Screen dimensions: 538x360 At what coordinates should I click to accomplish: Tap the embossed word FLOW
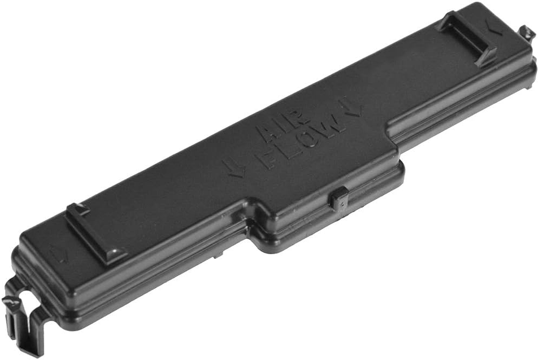tap(303, 143)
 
